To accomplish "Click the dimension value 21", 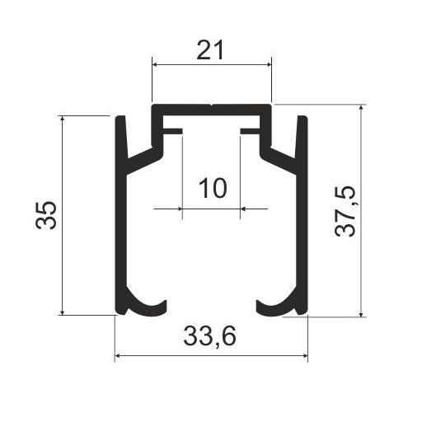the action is tap(210, 50).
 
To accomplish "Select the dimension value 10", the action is tap(213, 188).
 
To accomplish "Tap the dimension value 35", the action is tap(46, 215).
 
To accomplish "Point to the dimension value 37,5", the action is tap(345, 211).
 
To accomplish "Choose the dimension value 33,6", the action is tap(209, 336).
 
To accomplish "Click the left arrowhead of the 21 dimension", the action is tap(155, 65).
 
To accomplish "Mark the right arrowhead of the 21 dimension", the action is tap(269, 65).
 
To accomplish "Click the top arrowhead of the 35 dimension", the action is tap(63, 119).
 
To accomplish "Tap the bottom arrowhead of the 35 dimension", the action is tap(63, 312).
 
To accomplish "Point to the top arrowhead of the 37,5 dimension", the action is tap(361, 107).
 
